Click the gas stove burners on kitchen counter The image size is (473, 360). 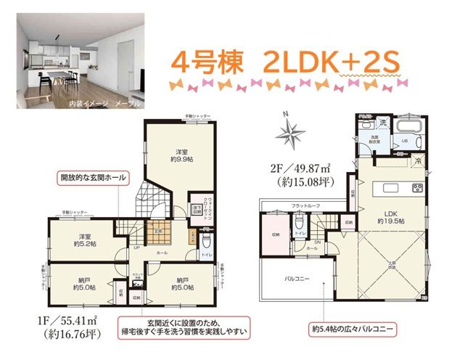pos(418,189)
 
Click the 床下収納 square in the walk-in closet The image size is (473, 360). pos(197,210)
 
